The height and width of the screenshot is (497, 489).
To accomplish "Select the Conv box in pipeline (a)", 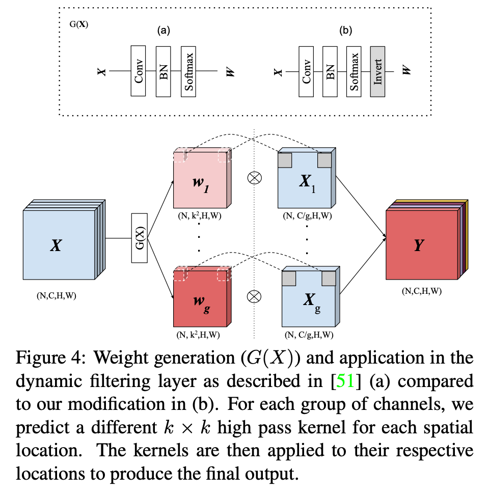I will coord(139,71).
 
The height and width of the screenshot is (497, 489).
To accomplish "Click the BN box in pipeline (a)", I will coord(163,71).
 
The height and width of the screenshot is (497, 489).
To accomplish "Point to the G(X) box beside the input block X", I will coord(140,238).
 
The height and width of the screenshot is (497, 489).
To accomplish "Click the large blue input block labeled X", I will coord(59,245).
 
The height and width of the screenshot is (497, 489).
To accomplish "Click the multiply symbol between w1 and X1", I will coord(254,178).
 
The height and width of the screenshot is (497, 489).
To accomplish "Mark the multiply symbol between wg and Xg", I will coord(254,295).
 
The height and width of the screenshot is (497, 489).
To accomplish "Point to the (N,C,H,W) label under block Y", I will coord(421,292).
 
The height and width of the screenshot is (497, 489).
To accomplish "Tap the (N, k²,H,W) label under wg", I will coord(199,335).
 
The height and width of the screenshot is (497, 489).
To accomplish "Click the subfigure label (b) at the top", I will coord(346,31).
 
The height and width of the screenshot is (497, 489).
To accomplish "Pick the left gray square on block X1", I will coord(284,160).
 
